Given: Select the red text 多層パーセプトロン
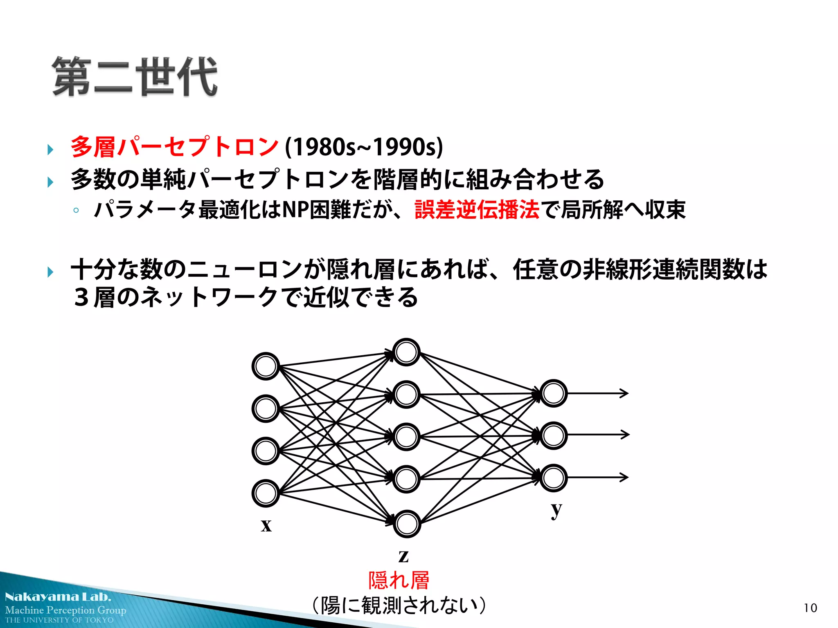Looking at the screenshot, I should [x=174, y=147].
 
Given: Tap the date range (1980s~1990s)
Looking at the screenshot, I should [x=364, y=147].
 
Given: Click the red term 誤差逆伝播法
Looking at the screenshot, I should [x=477, y=210].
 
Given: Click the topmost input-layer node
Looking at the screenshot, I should [x=266, y=366].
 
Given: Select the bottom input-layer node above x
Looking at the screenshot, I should [x=266, y=493].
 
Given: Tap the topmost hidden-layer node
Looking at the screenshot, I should [x=406, y=352].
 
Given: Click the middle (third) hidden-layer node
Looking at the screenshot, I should [x=406, y=437].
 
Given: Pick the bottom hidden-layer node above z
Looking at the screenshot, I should [x=407, y=524].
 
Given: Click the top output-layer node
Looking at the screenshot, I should [x=553, y=393].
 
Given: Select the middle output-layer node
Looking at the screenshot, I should [x=553, y=435].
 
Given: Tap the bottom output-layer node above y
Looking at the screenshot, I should [x=553, y=478].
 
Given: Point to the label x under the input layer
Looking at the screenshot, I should [x=266, y=525].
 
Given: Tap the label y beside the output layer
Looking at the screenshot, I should [x=556, y=509].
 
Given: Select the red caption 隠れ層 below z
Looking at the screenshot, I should [x=399, y=581].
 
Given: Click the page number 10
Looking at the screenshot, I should [x=810, y=608].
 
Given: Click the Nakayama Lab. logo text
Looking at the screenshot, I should [x=58, y=597].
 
